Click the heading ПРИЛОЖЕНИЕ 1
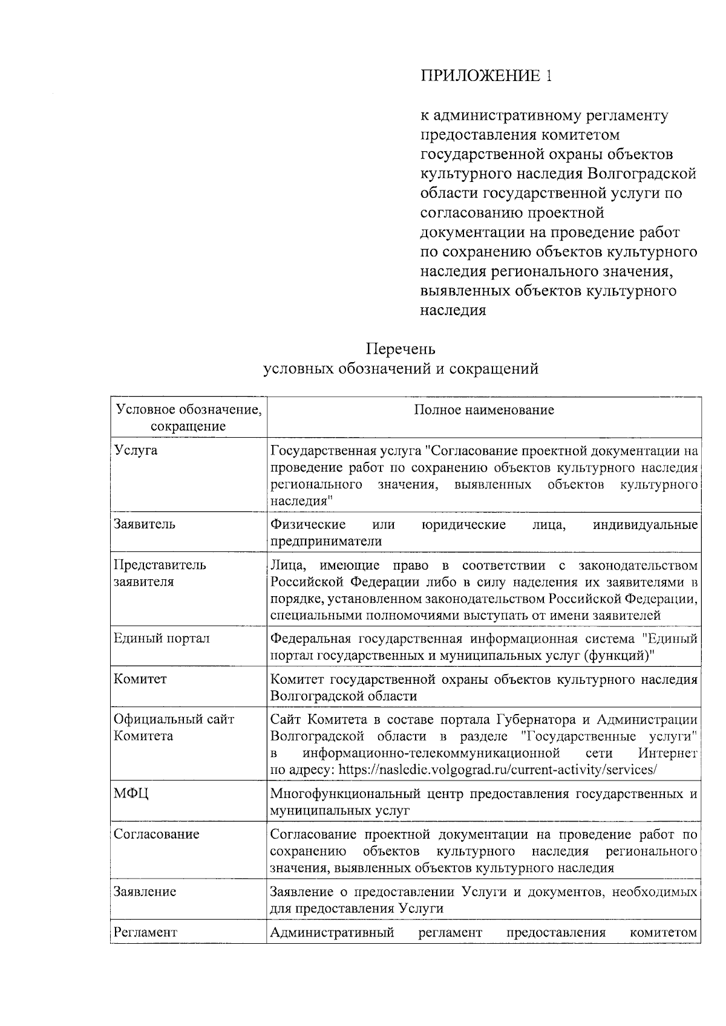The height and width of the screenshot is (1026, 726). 486,76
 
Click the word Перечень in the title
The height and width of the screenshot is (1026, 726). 400,349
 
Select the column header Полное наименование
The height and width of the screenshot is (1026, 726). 484,410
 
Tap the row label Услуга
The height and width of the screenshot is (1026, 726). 136,450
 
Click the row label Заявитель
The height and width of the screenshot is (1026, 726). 145,524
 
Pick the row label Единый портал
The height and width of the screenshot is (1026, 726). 162,638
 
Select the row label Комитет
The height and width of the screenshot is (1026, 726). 140,679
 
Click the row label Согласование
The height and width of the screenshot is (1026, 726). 157,834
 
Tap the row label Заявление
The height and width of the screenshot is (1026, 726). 145,892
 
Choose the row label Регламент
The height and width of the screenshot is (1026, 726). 146,932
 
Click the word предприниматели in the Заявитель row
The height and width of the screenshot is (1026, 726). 325,541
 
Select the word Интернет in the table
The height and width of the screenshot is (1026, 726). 667,753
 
